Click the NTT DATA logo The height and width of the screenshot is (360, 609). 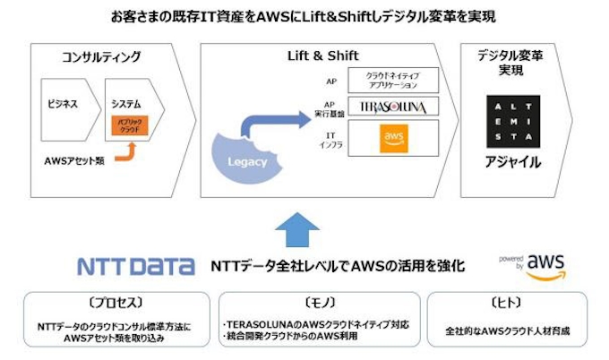[x=135, y=266]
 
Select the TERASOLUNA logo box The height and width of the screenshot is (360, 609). [x=393, y=107]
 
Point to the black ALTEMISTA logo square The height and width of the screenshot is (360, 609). [x=512, y=120]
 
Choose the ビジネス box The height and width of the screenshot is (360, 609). [x=63, y=104]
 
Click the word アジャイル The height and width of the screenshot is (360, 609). [x=512, y=163]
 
